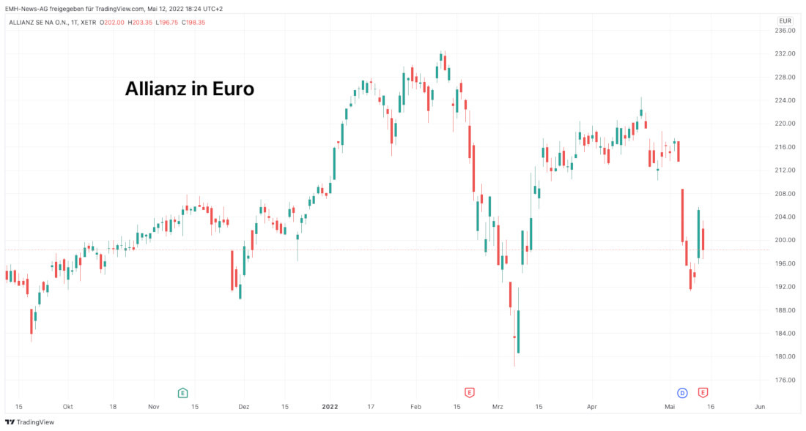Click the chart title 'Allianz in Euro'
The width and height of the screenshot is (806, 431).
click(x=189, y=89)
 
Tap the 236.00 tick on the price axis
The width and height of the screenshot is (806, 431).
click(x=785, y=30)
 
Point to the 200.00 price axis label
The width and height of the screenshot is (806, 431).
click(x=785, y=240)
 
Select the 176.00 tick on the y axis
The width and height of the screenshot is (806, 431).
click(x=785, y=380)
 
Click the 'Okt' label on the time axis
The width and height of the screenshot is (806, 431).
click(x=67, y=406)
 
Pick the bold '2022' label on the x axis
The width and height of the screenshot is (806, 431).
click(x=330, y=406)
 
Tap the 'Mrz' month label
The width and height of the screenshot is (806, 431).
click(x=498, y=406)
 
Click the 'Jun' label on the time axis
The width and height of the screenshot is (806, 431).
click(x=760, y=406)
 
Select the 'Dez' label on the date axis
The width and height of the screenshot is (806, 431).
click(x=245, y=406)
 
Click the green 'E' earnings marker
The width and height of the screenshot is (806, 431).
click(x=182, y=393)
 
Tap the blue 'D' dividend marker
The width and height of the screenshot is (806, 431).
click(x=682, y=393)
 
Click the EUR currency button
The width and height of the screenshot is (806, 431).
click(x=785, y=20)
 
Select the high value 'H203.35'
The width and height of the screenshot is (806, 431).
click(x=140, y=22)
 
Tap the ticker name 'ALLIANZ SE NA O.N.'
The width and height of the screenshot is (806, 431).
click(x=37, y=22)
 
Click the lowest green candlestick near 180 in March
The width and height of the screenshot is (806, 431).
click(x=518, y=331)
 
